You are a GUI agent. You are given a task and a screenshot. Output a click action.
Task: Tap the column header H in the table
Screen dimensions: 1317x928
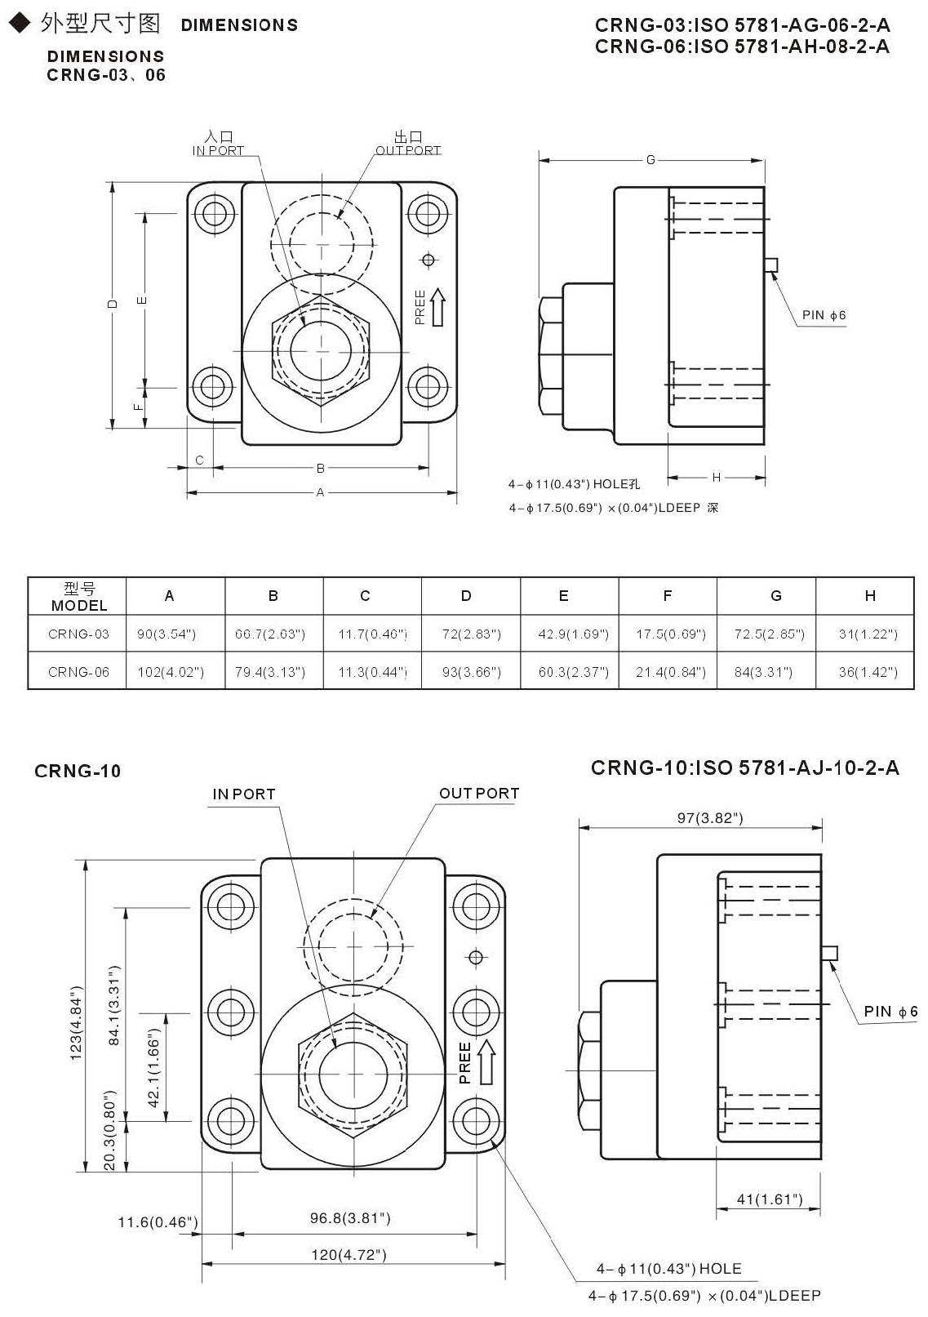(869, 596)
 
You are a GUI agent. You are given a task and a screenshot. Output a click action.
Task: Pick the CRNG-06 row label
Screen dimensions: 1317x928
(78, 672)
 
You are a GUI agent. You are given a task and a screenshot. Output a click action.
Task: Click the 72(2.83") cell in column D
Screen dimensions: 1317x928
(471, 634)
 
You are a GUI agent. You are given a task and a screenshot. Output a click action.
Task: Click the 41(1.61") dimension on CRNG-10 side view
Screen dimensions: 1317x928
(769, 1199)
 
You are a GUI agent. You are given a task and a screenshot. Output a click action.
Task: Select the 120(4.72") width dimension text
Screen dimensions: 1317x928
(349, 1255)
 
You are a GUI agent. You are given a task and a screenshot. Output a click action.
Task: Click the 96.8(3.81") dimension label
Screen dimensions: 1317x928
(350, 1218)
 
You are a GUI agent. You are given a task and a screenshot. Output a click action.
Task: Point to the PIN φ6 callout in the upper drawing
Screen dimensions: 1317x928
(824, 315)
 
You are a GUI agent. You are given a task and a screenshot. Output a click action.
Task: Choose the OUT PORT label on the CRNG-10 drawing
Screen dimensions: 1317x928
(479, 794)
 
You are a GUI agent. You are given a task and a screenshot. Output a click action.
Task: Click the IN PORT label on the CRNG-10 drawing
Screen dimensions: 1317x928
(244, 794)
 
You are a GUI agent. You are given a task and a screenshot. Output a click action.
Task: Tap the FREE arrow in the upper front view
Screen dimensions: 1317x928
(437, 307)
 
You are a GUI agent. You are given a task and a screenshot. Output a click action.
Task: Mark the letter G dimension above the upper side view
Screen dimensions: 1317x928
(650, 160)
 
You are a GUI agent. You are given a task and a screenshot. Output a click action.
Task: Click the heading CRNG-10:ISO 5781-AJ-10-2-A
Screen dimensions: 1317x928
(744, 768)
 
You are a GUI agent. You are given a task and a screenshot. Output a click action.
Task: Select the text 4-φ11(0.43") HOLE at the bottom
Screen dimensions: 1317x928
(668, 1269)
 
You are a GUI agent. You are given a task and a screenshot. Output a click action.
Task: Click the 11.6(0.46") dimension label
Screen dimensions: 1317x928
(158, 1222)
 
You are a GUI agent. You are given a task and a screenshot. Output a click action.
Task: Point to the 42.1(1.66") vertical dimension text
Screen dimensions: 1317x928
(153, 1067)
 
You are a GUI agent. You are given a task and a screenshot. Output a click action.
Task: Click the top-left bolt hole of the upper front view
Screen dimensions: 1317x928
(215, 214)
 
